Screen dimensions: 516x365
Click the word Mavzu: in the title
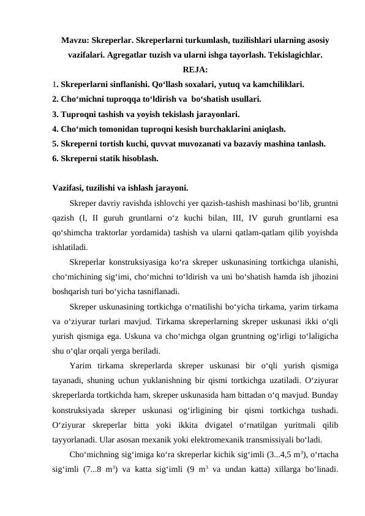[x=74, y=40]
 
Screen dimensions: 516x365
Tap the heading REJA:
[x=195, y=69]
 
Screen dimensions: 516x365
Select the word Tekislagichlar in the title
[x=296, y=55]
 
